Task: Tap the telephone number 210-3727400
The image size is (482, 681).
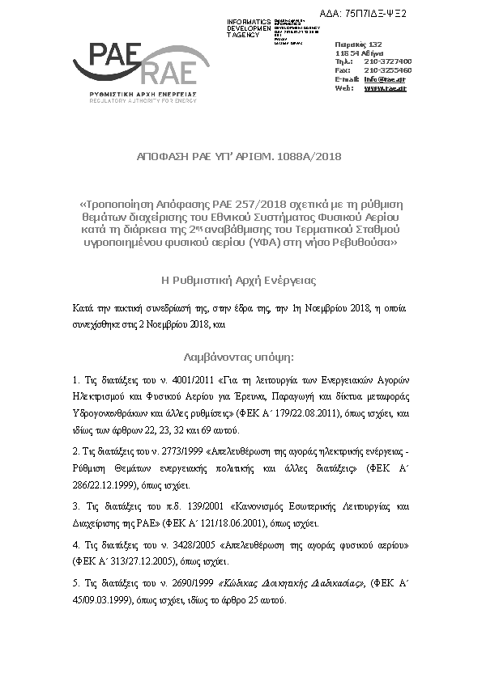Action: point(388,61)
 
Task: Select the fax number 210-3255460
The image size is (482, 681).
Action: point(388,70)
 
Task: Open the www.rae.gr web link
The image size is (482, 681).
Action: point(385,88)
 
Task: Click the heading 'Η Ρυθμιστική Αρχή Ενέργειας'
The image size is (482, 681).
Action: point(240,281)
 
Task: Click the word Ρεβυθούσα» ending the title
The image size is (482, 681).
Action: point(369,242)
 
